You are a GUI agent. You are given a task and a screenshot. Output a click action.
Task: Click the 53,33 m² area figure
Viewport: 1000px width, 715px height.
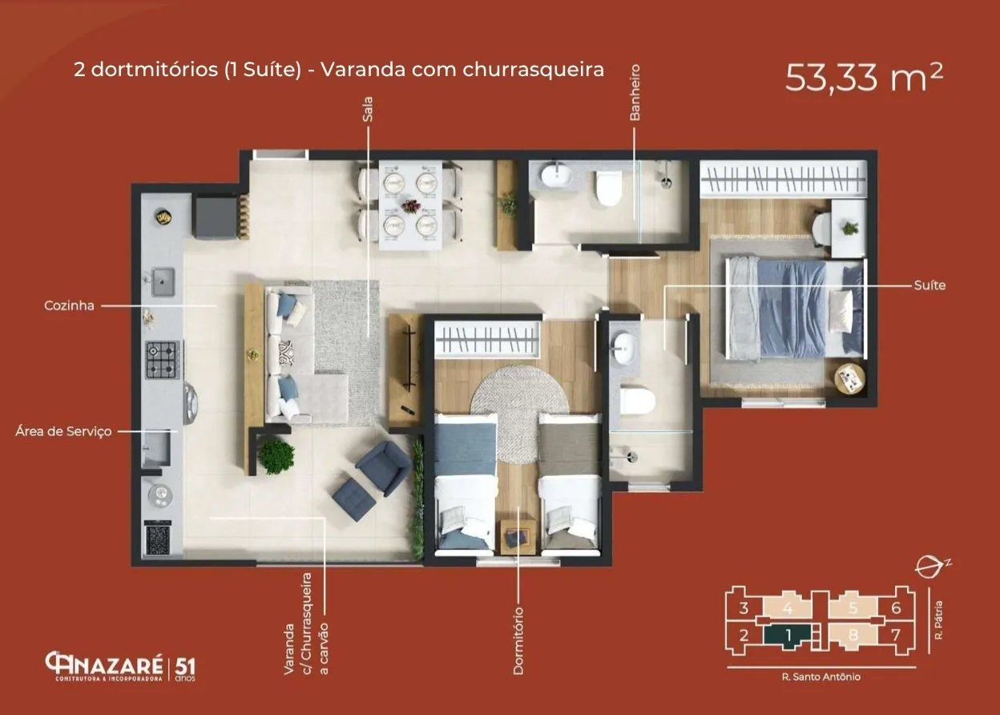point(864,78)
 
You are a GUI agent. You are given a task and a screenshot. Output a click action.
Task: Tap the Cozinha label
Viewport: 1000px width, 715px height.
point(69,306)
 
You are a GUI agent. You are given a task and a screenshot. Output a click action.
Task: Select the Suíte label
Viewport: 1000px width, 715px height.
point(929,285)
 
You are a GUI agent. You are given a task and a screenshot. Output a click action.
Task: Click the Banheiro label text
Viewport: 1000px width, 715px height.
point(635,92)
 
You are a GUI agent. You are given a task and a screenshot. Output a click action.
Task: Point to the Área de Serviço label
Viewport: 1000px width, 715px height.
point(63,431)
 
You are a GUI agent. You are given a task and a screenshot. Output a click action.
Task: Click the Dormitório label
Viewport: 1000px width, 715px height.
point(518,640)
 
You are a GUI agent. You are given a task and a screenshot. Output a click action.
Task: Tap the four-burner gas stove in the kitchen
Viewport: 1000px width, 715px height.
point(163,360)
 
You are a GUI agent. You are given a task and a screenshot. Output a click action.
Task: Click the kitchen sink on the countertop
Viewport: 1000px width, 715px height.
point(163,281)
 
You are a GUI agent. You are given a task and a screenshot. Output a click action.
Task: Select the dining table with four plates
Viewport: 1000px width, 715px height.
point(410,205)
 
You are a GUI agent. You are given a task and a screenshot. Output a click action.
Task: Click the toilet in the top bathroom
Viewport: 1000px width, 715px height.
point(608,188)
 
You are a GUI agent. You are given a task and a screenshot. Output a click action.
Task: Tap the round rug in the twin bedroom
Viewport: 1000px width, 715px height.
point(518,414)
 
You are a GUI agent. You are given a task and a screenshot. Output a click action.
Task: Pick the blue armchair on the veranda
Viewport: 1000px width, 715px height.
point(384,467)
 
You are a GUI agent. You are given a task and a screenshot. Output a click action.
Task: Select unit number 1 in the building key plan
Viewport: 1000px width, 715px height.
point(788,635)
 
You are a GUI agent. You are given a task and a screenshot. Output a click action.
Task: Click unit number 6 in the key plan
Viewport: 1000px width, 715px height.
point(896,608)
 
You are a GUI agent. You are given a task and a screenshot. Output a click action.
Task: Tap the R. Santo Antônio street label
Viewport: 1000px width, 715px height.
point(821,677)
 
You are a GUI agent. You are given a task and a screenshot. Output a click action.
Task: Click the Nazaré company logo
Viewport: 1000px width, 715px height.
point(120,666)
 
